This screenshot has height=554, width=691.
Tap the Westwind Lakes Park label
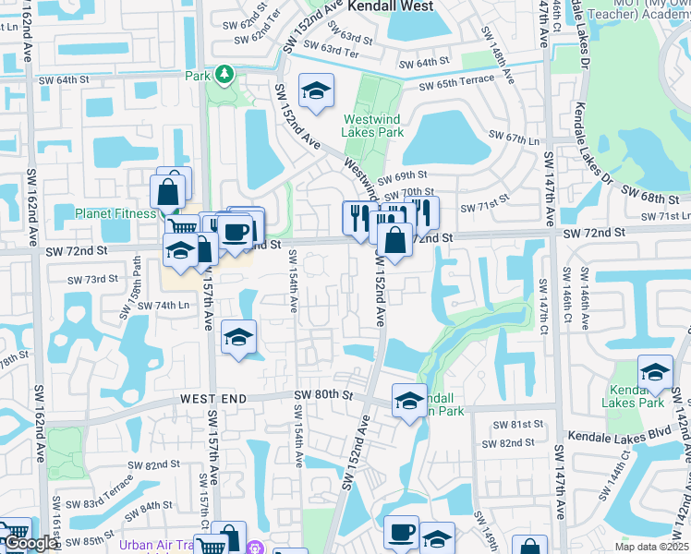coord(373,126)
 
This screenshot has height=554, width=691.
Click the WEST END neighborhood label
coord(213,397)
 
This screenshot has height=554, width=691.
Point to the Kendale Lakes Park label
coord(633,396)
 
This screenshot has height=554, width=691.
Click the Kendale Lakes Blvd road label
coord(618,433)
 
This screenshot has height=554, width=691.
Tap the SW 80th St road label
coord(324,395)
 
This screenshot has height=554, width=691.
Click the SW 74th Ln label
coord(152,305)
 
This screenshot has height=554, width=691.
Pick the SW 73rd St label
coord(94,279)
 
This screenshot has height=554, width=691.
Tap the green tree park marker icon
coord(224,74)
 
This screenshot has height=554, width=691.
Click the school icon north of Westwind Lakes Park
coord(317,90)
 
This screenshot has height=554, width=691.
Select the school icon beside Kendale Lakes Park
coord(655,372)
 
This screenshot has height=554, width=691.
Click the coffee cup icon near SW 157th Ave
coord(236,231)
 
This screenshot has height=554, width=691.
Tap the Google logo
coord(30,543)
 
